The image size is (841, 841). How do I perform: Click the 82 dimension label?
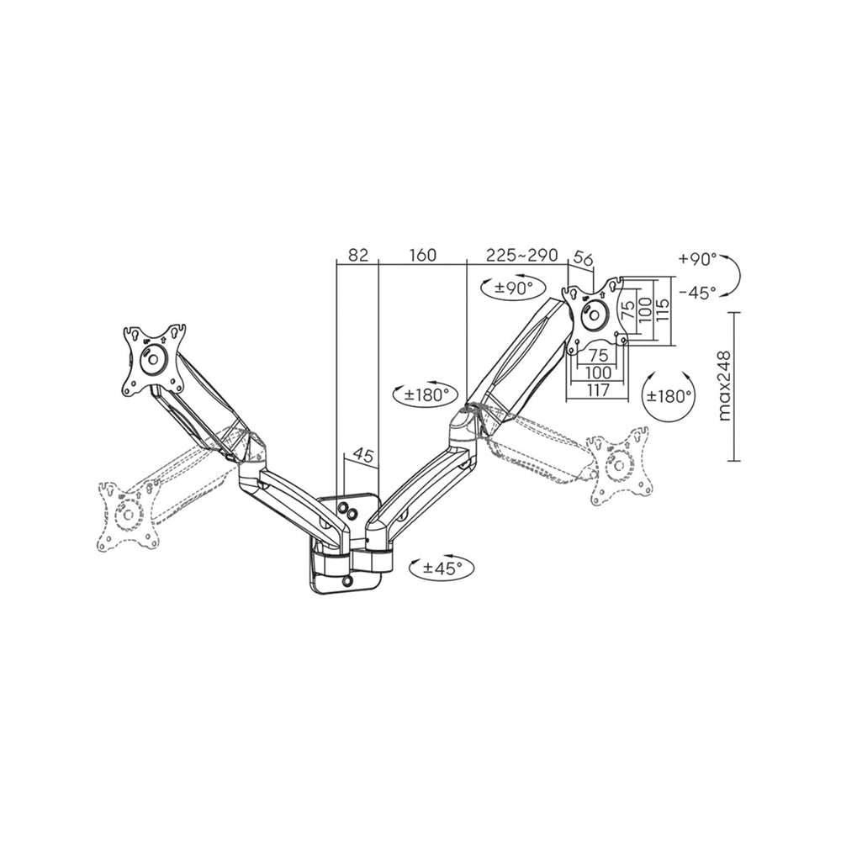pyautogui.click(x=358, y=255)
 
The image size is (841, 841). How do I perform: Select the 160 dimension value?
pyautogui.click(x=423, y=255)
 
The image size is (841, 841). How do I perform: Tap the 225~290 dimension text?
pyautogui.click(x=521, y=255)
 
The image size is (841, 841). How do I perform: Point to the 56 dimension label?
pyautogui.click(x=583, y=259)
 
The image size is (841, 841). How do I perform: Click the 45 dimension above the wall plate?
pyautogui.click(x=363, y=456)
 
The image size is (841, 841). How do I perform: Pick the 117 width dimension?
pyautogui.click(x=598, y=390)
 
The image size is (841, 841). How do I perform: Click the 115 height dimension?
pyautogui.click(x=663, y=310)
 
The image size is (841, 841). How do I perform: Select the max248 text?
pyautogui.click(x=724, y=386)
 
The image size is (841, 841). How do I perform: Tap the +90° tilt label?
pyautogui.click(x=697, y=259)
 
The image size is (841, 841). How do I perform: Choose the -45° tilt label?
pyautogui.click(x=697, y=293)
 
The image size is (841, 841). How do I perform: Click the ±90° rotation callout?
pyautogui.click(x=513, y=288)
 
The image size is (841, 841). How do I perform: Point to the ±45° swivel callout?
pyautogui.click(x=442, y=568)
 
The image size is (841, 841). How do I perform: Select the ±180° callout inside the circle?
pyautogui.click(x=669, y=396)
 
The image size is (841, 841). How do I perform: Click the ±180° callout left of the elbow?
pyautogui.click(x=426, y=395)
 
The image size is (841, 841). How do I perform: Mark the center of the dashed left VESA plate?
pyautogui.click(x=128, y=515)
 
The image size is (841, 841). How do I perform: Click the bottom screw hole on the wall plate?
pyautogui.click(x=347, y=580)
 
